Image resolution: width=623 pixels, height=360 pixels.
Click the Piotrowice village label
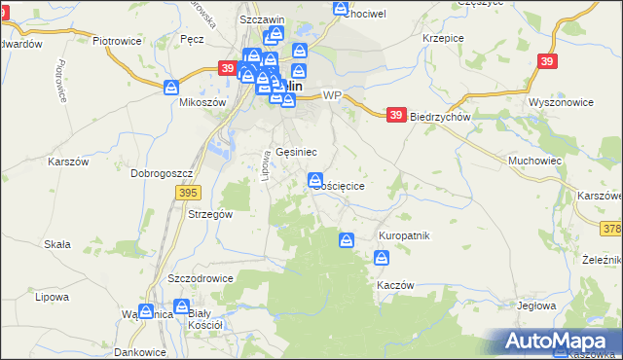(118, 41)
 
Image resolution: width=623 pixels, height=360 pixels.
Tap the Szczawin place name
(261, 19)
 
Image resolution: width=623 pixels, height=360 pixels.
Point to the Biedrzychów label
(441, 116)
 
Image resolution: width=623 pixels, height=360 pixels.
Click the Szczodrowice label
(201, 277)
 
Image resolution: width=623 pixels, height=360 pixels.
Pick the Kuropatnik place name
(403, 235)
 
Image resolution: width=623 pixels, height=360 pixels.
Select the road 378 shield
(610, 228)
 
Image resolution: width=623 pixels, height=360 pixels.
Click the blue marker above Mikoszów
(172, 87)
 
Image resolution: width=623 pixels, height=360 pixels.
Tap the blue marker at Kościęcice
(315, 179)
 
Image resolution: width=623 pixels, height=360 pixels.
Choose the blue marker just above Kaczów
(382, 258)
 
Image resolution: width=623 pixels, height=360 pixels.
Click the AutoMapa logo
(559, 341)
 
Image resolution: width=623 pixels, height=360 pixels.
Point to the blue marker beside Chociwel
(341, 8)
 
